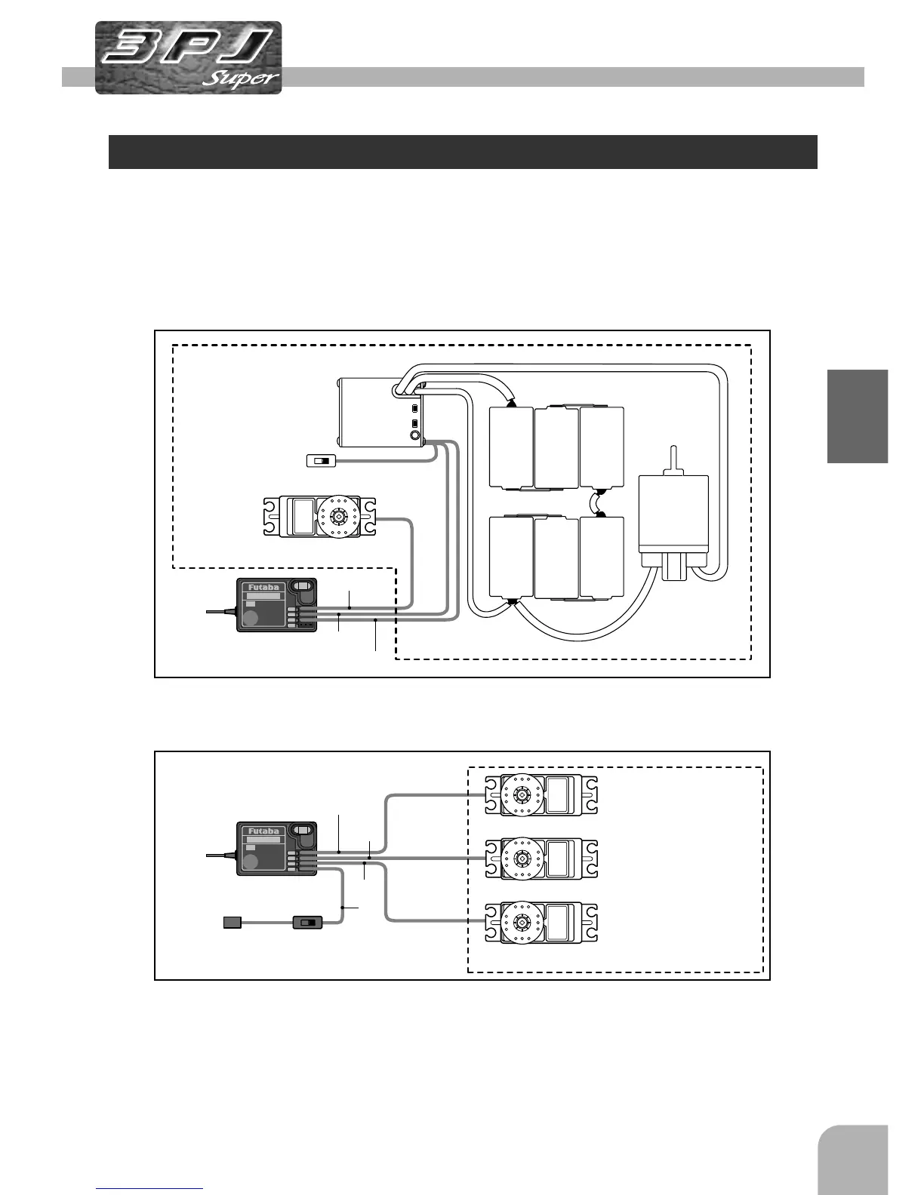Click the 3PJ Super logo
[189, 58]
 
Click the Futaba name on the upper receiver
[263, 588]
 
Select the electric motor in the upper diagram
[673, 521]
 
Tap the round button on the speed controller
[414, 436]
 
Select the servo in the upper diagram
[319, 516]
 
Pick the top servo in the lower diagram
[541, 796]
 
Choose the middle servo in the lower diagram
[541, 859]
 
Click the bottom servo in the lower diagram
[541, 923]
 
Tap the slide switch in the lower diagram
[307, 922]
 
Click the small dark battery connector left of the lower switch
[232, 922]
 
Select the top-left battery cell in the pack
[512, 447]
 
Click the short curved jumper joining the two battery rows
[597, 501]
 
